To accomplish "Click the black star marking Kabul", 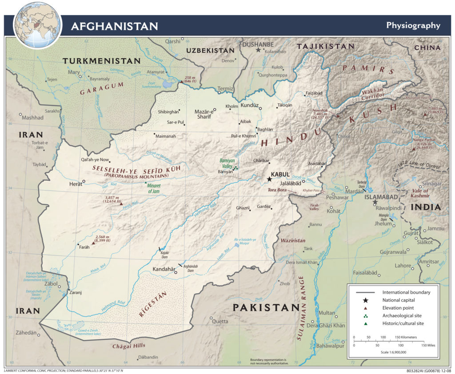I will (269, 179).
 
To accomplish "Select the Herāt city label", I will (76, 183).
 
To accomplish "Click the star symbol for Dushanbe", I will (258, 51).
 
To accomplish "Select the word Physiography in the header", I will (413, 25).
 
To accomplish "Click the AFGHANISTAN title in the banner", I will (114, 26).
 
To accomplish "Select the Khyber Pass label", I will (311, 190).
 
